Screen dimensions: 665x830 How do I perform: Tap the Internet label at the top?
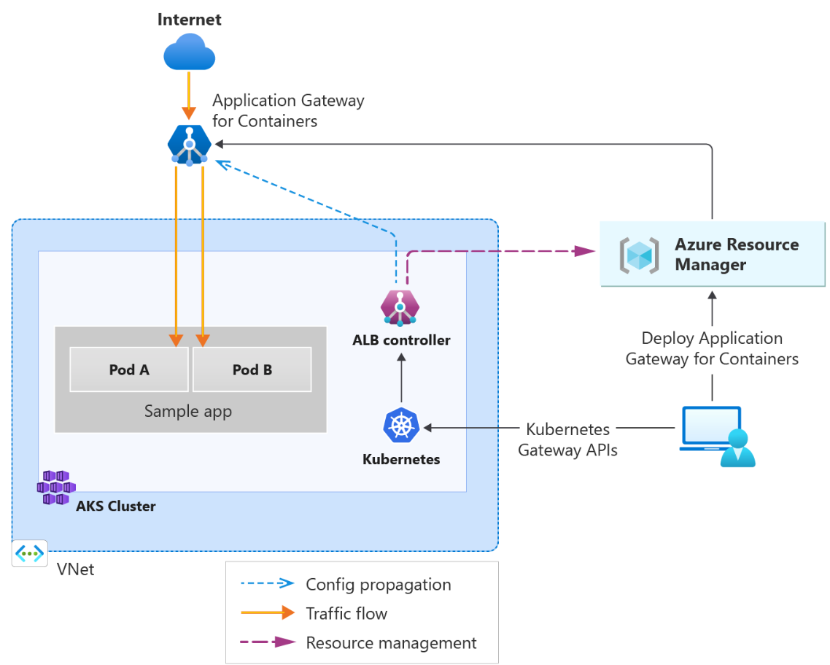coord(190,19)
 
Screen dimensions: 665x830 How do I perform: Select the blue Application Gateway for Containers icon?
coord(190,145)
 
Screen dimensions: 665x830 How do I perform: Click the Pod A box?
coord(129,369)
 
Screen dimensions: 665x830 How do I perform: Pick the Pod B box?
coord(252,369)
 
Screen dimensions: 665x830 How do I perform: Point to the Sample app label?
coord(188,411)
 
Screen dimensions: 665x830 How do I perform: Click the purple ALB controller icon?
coord(400,307)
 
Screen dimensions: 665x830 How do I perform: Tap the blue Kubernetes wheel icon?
coord(401,426)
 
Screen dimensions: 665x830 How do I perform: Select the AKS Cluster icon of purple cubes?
coord(56,487)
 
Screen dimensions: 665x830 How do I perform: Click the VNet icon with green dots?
coord(30,554)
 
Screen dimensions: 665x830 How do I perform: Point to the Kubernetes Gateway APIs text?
coord(567,439)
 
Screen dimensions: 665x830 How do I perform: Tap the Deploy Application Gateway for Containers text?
coord(712,348)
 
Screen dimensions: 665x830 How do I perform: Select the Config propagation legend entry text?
coord(379,585)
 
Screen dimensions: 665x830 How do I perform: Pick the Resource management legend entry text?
coord(391,643)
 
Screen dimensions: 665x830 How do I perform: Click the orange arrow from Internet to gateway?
coord(189,96)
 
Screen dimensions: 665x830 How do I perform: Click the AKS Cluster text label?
coord(116,506)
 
